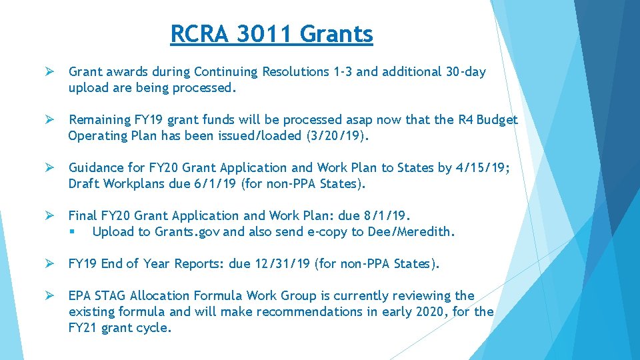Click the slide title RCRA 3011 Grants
(271, 33)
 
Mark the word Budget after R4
(496, 120)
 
